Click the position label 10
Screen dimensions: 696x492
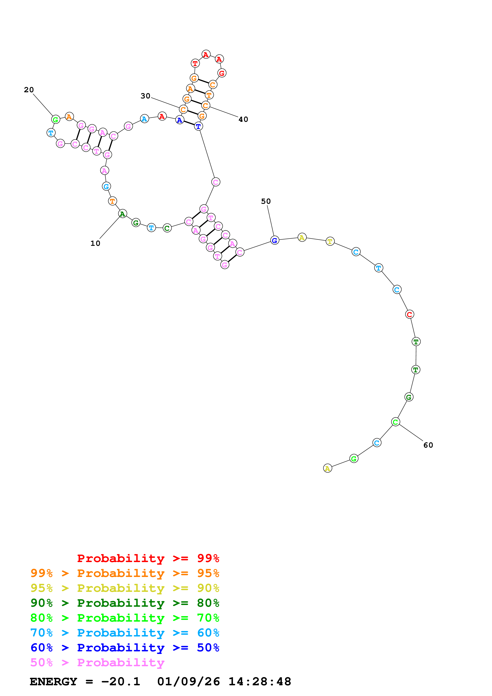[x=95, y=243]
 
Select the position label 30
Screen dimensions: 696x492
[x=145, y=96]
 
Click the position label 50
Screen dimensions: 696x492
[x=266, y=202]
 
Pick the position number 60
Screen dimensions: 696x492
[x=428, y=445]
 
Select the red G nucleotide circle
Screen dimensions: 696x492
[x=222, y=73]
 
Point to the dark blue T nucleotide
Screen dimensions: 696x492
[x=198, y=126]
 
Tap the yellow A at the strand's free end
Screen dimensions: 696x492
[x=328, y=468]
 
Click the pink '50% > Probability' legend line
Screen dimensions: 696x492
[x=97, y=663]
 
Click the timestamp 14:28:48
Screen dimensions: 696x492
[x=260, y=682]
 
